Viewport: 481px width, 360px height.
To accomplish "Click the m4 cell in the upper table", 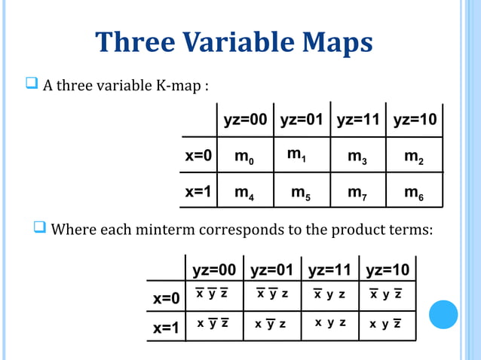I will pos(244,192).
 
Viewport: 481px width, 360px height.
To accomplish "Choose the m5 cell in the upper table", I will pos(302,192).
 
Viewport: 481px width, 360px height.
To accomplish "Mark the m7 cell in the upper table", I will pos(357,192).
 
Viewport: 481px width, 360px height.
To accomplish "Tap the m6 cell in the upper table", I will pos(413,192).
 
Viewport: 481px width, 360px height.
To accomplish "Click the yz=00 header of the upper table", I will pos(246,121).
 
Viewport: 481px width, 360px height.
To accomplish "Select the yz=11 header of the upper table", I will pos(358,121).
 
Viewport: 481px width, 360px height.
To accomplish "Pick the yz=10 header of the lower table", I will pos(387,270).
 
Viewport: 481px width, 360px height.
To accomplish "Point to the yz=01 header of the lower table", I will pos(273,270).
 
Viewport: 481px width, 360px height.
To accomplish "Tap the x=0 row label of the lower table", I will pos(166,297).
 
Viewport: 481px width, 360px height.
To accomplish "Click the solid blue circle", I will pos(443,315).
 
